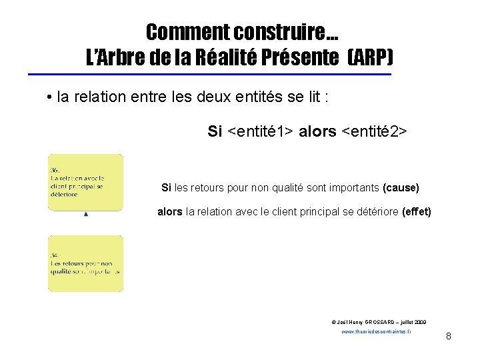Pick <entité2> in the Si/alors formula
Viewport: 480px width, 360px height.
click(374, 131)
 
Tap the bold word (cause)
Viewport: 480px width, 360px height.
click(401, 188)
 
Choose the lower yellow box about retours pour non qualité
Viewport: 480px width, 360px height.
click(85, 263)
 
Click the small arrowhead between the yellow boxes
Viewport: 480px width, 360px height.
click(86, 215)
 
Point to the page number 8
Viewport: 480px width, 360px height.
click(449, 336)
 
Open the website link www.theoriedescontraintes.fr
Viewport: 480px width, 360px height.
click(376, 331)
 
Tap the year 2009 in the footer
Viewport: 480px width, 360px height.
click(419, 321)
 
